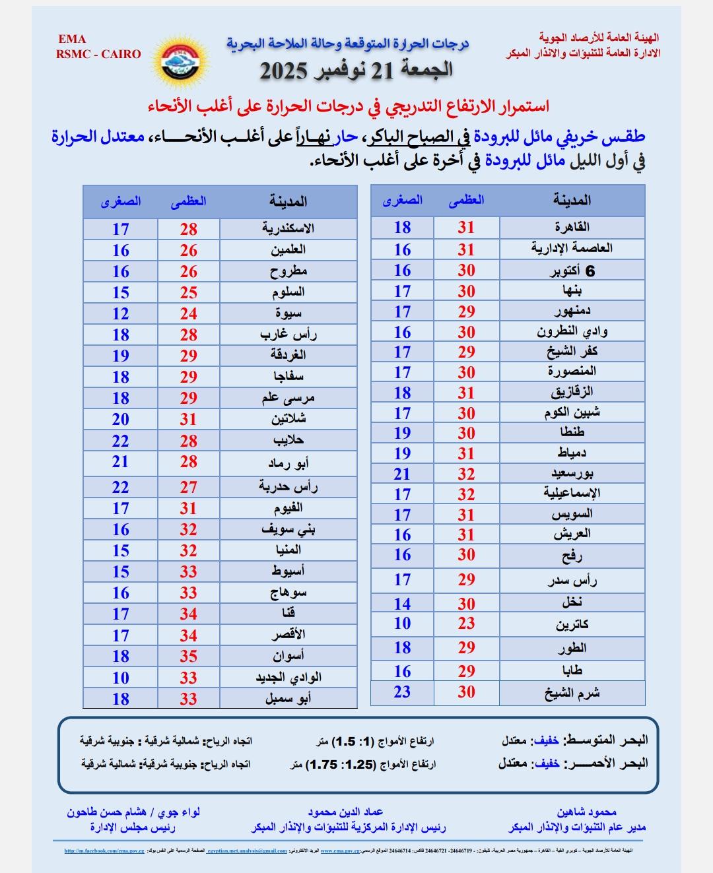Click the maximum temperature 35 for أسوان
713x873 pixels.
point(189,656)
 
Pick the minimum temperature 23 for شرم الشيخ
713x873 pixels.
point(402,692)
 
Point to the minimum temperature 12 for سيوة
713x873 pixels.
point(120,313)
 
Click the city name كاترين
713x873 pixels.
point(572,624)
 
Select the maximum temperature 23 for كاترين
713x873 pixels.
point(466,624)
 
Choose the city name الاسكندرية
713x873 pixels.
point(288,228)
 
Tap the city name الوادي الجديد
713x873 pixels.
point(289,677)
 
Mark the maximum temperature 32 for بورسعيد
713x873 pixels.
point(466,474)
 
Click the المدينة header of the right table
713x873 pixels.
point(572,200)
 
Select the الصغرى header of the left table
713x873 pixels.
point(121,201)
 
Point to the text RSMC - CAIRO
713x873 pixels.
point(98,54)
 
